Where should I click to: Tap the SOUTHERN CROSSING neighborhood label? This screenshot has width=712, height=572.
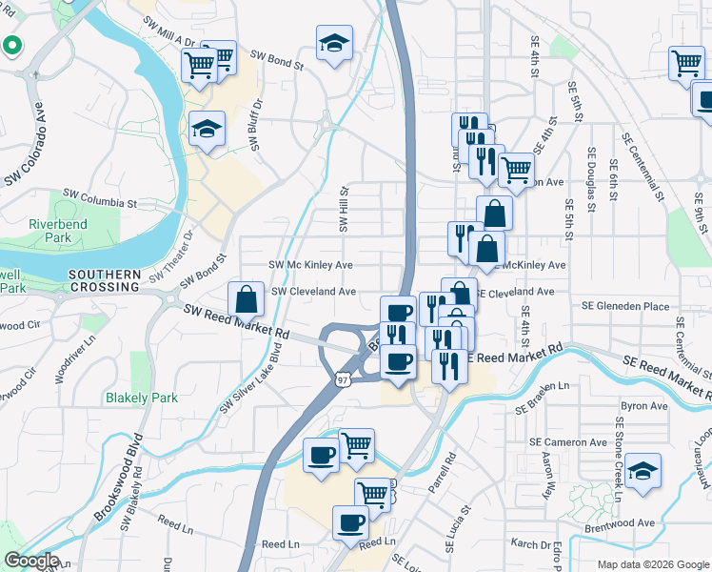[x=105, y=280]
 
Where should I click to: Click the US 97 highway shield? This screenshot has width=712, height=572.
[x=341, y=379]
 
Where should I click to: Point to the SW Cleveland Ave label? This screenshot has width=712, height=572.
[x=314, y=292]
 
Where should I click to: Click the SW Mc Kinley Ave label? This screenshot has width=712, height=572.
[x=311, y=265]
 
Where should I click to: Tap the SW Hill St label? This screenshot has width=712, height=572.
[x=345, y=209]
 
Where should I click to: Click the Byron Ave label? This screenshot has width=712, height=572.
[x=644, y=406]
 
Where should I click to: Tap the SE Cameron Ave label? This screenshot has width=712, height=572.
[x=568, y=442]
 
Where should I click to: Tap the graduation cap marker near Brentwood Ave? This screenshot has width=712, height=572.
[x=643, y=471]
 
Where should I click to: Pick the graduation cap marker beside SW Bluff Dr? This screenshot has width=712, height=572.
[x=207, y=130]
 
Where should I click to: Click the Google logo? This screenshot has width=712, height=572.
[x=31, y=561]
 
